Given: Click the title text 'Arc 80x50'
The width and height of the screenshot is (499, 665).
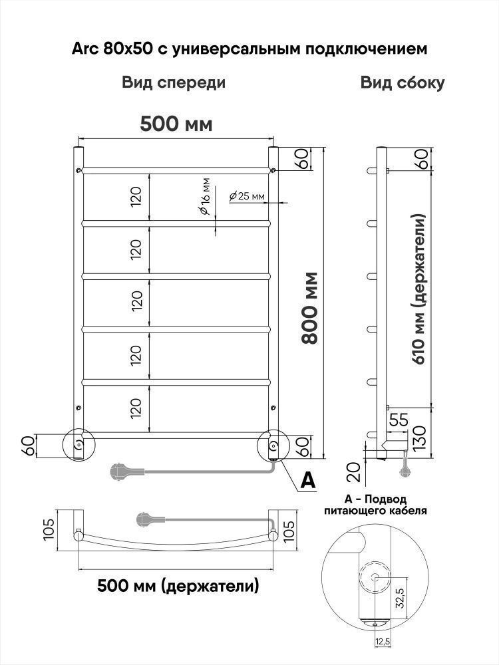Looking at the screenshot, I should [x=113, y=49].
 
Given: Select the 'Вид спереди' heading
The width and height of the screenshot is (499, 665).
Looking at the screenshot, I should [x=174, y=83].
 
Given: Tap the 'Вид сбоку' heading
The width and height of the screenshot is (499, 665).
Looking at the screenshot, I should [x=403, y=83].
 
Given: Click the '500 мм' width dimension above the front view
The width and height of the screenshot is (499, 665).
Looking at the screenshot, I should [x=176, y=124].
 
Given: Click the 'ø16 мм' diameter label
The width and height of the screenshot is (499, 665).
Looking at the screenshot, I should [x=204, y=197].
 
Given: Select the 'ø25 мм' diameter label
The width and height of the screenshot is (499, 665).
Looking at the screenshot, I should [x=247, y=196].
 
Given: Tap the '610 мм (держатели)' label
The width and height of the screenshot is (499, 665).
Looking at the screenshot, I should [x=420, y=289].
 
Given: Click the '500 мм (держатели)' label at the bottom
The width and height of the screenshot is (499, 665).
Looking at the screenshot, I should [x=178, y=586].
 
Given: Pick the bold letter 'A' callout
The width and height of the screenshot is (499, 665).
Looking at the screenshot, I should [x=307, y=480].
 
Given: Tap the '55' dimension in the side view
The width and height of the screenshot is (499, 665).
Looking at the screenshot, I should [x=399, y=420].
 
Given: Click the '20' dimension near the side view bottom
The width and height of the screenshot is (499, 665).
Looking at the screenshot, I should [x=355, y=471].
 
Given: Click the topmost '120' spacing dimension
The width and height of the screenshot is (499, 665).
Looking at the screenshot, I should [x=136, y=196].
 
